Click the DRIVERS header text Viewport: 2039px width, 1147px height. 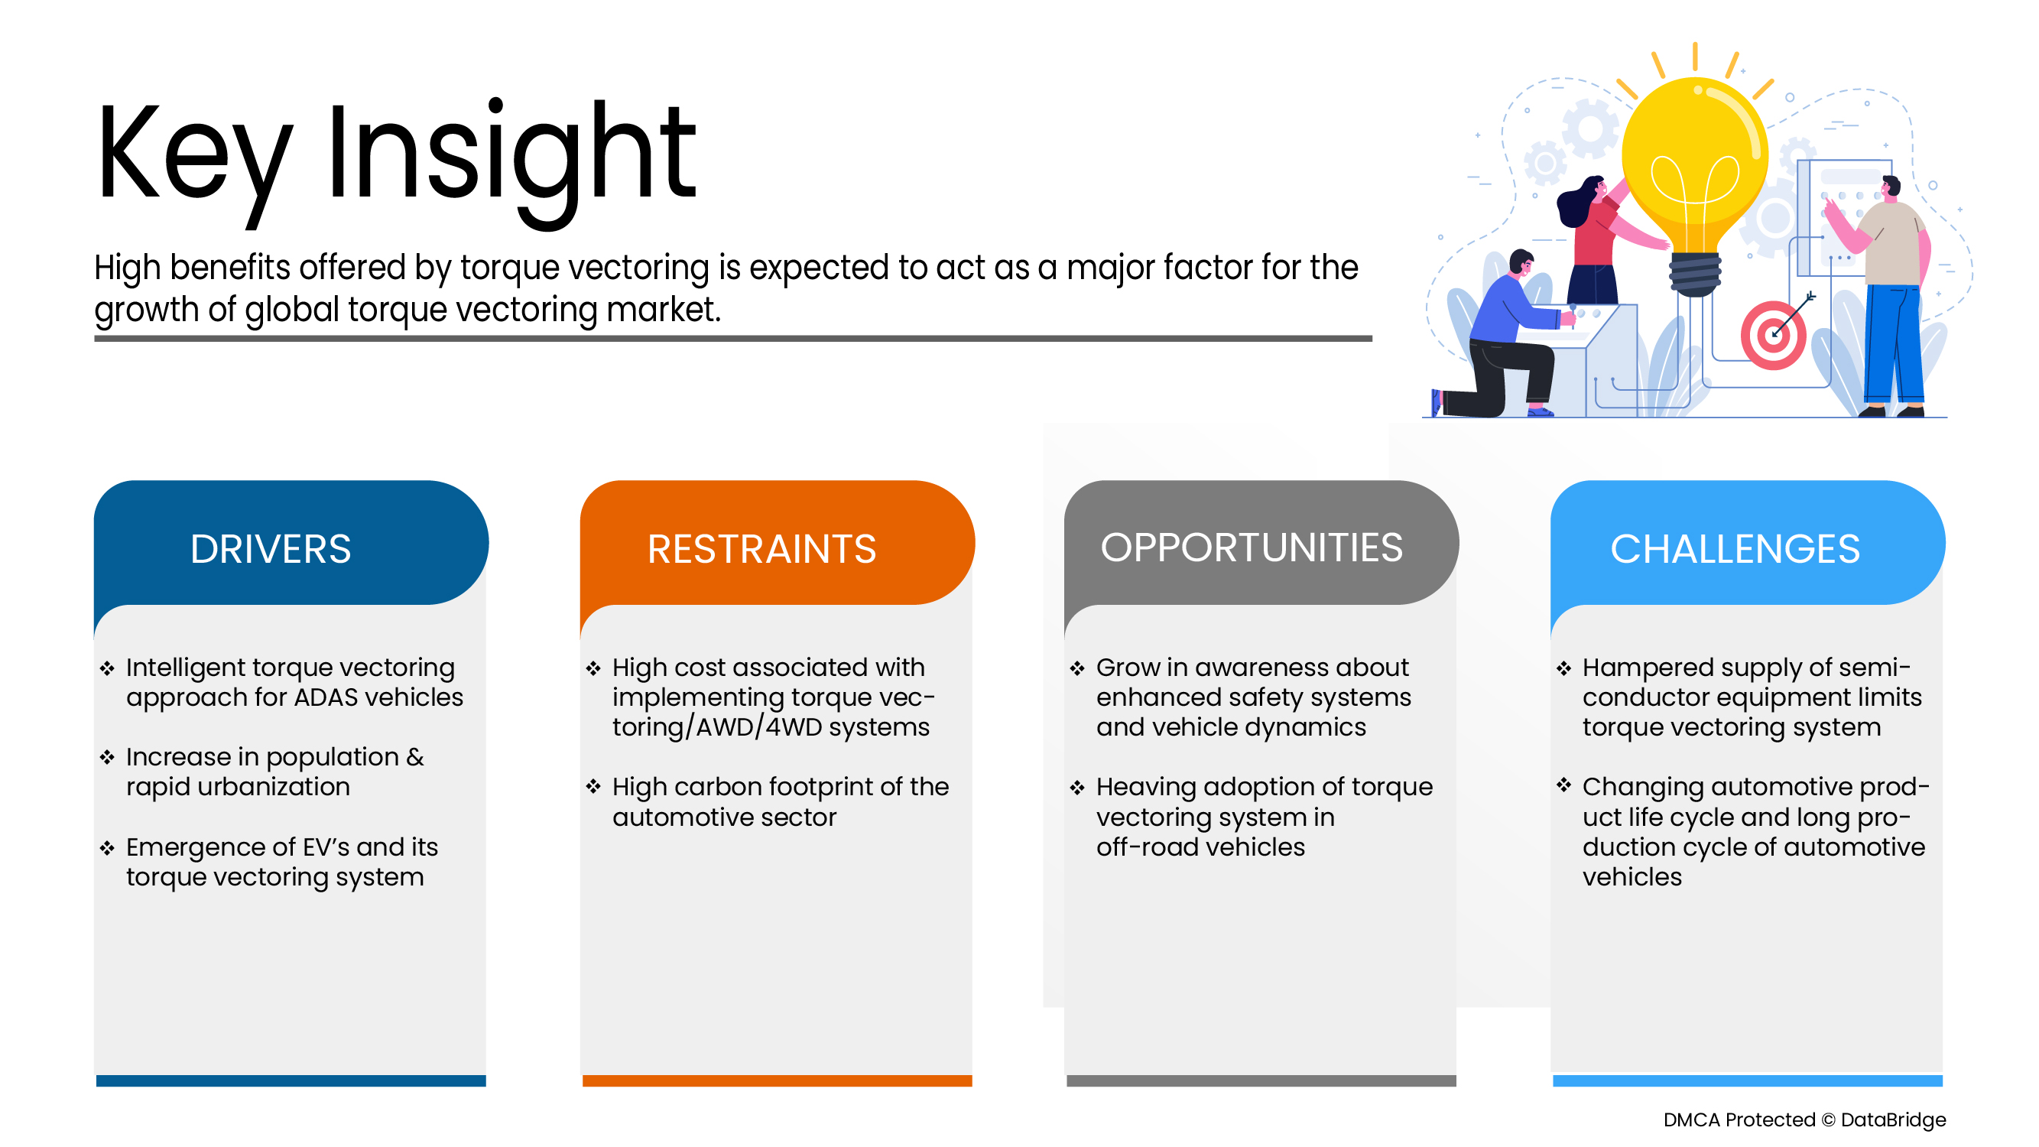[x=271, y=549]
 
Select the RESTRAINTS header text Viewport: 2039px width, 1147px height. [x=761, y=549]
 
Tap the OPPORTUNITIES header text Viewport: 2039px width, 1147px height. [x=1252, y=548]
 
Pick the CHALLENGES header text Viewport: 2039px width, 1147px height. [x=1734, y=549]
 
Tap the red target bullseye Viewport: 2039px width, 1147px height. [x=1773, y=336]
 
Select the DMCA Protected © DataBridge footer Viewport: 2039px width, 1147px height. [x=1804, y=1119]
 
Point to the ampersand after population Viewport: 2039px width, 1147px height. [x=415, y=757]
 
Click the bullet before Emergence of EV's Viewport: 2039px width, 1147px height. [x=108, y=848]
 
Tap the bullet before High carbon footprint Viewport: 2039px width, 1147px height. [x=593, y=787]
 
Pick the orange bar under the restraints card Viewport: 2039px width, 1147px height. [x=777, y=1080]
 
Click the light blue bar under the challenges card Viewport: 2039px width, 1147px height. [x=1747, y=1080]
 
